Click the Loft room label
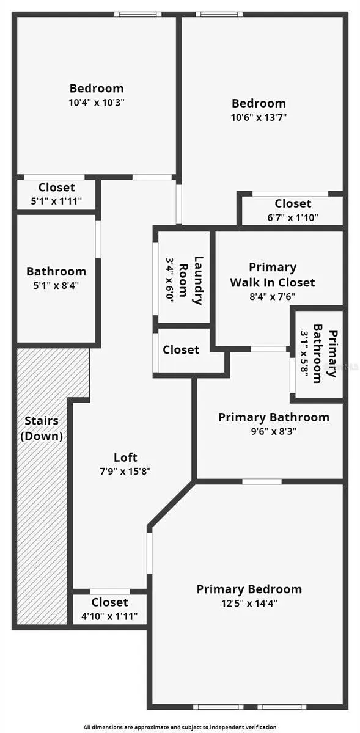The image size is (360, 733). click(x=125, y=457)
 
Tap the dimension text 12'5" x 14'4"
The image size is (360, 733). click(x=249, y=603)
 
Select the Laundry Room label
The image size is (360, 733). click(x=191, y=280)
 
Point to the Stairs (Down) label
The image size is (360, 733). click(x=42, y=428)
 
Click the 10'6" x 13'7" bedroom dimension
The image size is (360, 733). click(x=259, y=117)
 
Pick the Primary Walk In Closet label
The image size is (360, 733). click(x=273, y=275)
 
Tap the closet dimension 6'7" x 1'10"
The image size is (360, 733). click(x=293, y=217)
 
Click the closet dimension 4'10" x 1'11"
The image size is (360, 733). click(x=109, y=616)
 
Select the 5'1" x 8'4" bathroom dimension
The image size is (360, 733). click(x=56, y=286)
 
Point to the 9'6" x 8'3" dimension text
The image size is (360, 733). click(x=274, y=431)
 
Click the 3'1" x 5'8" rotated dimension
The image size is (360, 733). click(x=305, y=354)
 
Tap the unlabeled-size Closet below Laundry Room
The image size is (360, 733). click(x=181, y=350)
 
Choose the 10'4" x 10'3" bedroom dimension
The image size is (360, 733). click(x=97, y=103)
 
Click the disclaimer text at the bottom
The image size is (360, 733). click(x=180, y=727)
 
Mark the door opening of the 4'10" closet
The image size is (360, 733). click(x=110, y=592)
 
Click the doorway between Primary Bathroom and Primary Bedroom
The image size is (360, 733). click(x=262, y=482)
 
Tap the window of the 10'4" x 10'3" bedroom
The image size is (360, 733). click(x=138, y=15)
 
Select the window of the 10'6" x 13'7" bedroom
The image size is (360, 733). click(x=219, y=15)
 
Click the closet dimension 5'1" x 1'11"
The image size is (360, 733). click(x=56, y=201)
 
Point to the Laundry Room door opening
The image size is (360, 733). click(x=156, y=279)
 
